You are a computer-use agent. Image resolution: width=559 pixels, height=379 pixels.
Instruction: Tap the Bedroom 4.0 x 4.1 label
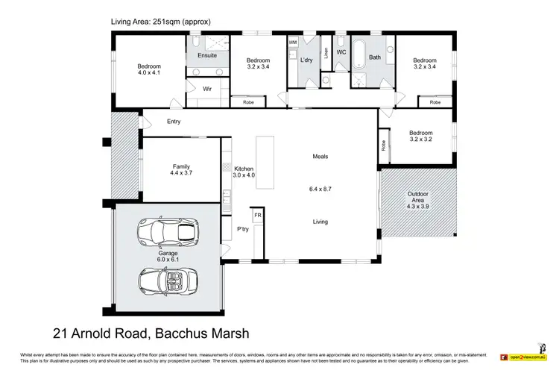coord(148,70)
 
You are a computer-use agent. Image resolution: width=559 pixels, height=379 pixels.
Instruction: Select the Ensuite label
coord(207,55)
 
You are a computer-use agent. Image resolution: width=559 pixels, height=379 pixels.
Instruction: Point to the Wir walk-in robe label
coord(208,88)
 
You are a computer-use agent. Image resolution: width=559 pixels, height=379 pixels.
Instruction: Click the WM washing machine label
coord(292,43)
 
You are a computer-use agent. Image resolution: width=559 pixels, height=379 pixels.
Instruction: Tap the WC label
coord(341,52)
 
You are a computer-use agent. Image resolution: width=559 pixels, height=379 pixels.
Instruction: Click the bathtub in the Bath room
coord(361,55)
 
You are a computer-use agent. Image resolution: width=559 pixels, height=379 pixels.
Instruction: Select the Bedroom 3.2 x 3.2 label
coord(420,137)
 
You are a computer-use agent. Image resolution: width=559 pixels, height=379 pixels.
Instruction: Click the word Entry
coord(174,122)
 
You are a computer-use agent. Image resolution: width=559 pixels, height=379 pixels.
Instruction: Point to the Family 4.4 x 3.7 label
coord(181,169)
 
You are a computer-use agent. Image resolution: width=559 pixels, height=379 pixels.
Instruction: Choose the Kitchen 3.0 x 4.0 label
coord(244,172)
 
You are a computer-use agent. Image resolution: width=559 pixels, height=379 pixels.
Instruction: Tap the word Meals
coord(320,157)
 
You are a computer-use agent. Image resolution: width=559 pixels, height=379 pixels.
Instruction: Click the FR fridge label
coord(258,215)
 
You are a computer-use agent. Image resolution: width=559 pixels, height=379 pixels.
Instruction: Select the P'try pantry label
coord(243,229)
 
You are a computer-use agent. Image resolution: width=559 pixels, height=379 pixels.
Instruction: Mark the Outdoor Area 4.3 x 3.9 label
coord(417,198)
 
